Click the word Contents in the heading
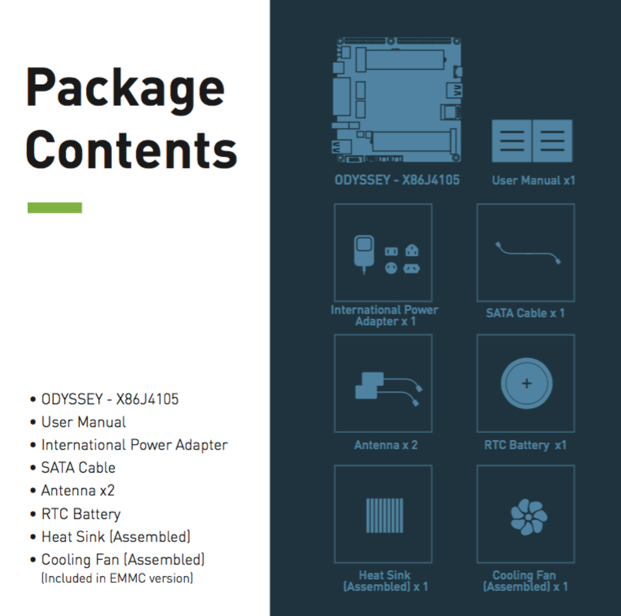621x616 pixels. tap(131, 150)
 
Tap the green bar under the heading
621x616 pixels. tap(55, 208)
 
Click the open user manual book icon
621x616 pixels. tap(532, 141)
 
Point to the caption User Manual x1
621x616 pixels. tap(533, 180)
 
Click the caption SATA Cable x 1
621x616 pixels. tap(525, 313)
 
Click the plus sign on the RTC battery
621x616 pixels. tap(526, 383)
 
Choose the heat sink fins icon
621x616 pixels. tap(384, 515)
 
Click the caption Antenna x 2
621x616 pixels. tap(386, 445)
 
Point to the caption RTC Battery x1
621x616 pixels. tap(525, 445)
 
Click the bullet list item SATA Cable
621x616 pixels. tap(78, 468)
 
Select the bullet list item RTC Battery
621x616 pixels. tap(81, 514)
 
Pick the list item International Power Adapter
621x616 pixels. tap(134, 445)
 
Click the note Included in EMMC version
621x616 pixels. tap(117, 578)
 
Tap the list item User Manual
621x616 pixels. tap(84, 422)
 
